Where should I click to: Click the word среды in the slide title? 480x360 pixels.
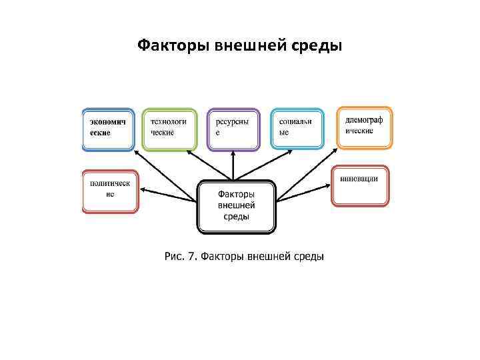click(x=318, y=46)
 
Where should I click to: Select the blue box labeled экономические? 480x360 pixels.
click(x=107, y=129)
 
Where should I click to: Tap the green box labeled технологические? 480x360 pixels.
click(x=170, y=129)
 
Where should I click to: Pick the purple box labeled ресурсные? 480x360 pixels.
click(x=233, y=129)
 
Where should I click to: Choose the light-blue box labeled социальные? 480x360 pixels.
click(x=297, y=129)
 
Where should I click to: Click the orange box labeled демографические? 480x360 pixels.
click(x=364, y=127)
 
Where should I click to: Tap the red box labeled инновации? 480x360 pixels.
click(x=360, y=186)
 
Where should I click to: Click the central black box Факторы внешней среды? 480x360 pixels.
click(x=236, y=206)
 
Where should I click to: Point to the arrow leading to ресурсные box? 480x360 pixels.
click(x=233, y=165)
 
